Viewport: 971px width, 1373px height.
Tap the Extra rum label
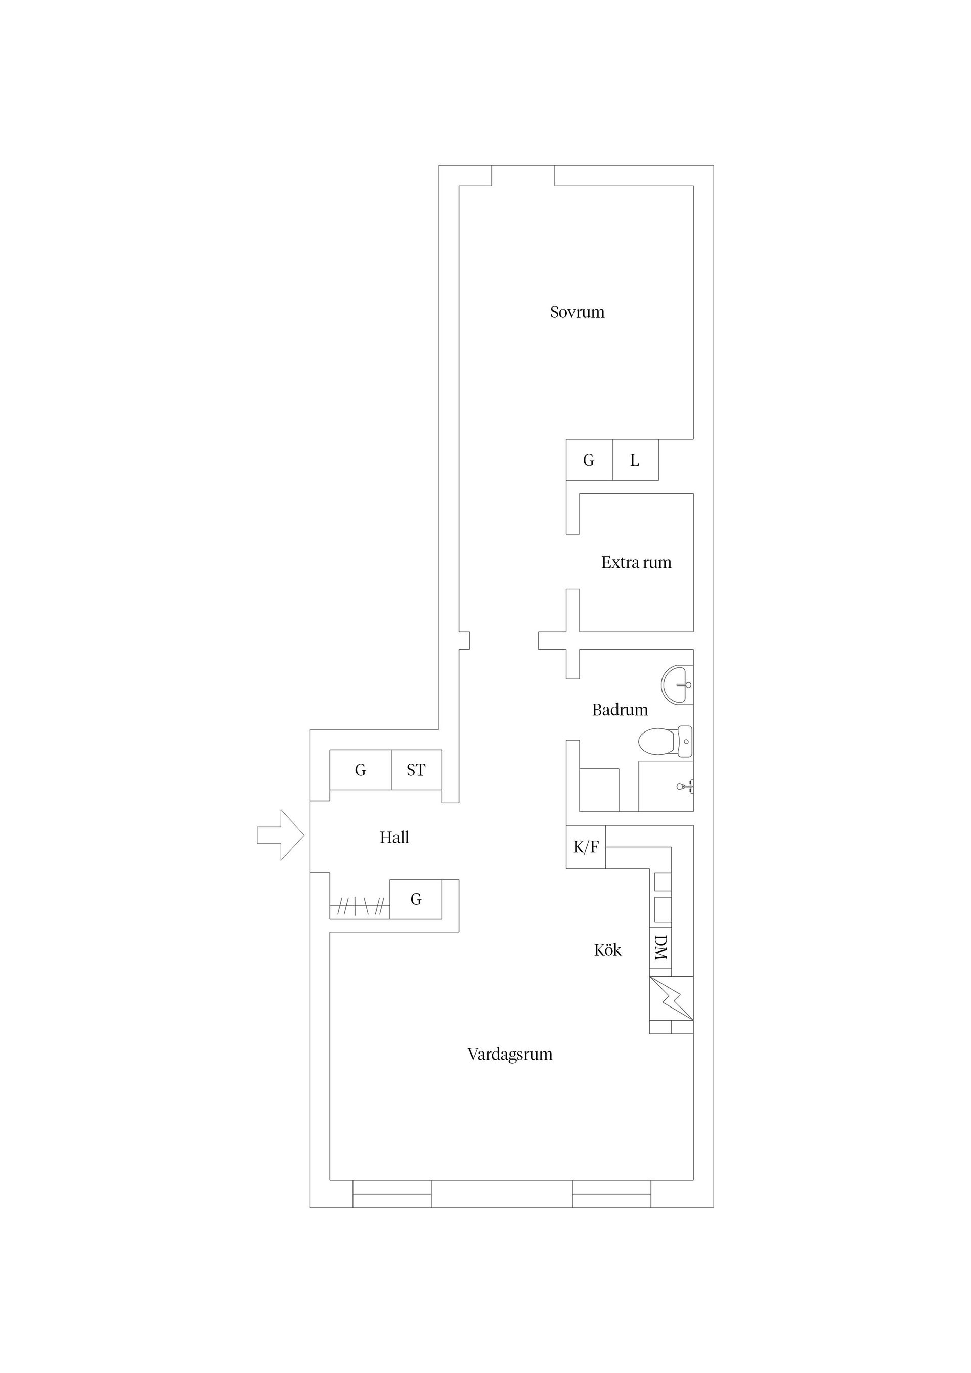[x=636, y=562]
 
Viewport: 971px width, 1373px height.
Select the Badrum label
[x=620, y=710]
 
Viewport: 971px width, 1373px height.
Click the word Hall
[x=394, y=837]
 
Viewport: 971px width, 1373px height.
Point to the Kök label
[x=607, y=949]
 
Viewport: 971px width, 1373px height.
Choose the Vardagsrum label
[x=510, y=1054]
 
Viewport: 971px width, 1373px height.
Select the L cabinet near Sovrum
[x=635, y=461]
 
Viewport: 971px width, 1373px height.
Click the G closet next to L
[x=589, y=461]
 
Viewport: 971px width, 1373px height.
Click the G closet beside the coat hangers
[x=416, y=899]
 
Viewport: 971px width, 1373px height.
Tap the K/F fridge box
[x=586, y=847]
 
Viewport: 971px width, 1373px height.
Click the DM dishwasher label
[x=660, y=948]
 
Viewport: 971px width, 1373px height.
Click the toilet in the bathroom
[x=664, y=742]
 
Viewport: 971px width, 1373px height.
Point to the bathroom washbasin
[x=678, y=684]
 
